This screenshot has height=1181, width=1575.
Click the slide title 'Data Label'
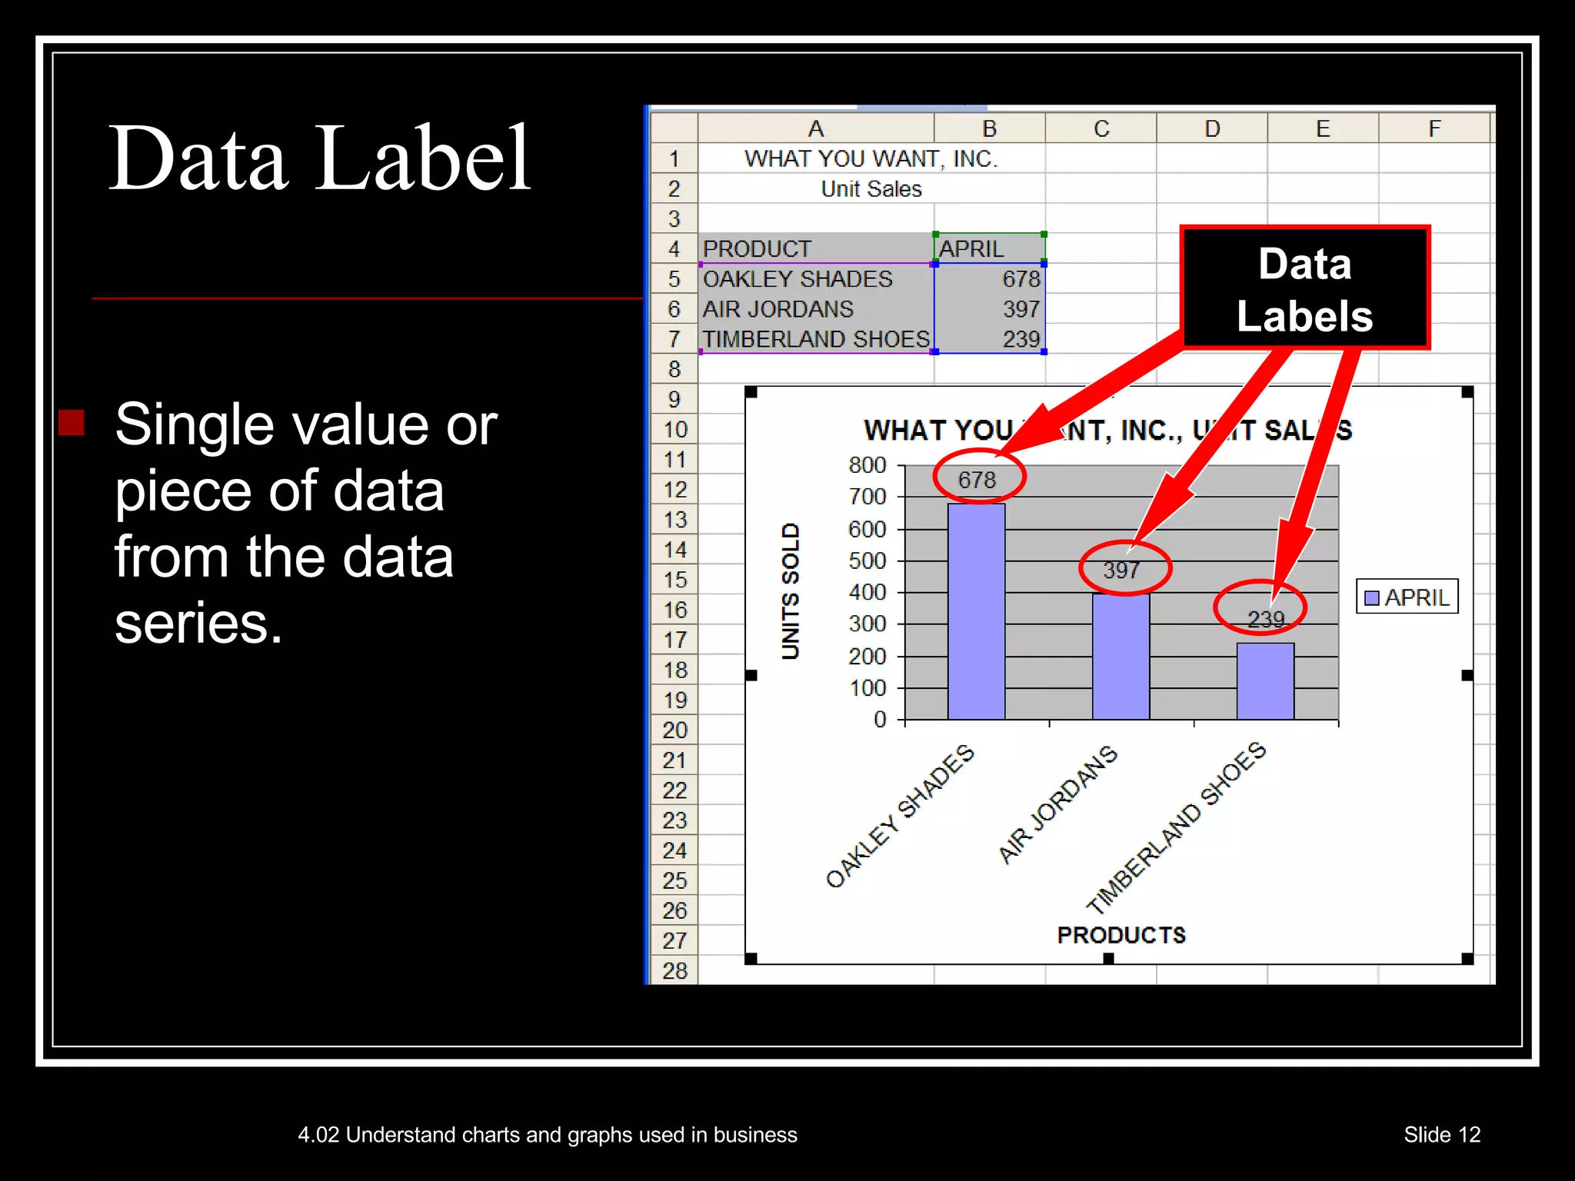[319, 158]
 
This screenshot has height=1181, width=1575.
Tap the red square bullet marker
[72, 422]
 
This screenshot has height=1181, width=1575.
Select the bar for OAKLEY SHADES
[976, 611]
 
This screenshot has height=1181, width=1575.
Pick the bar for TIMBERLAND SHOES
[1265, 681]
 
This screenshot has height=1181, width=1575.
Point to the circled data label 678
[977, 480]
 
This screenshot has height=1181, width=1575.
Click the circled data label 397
[1122, 570]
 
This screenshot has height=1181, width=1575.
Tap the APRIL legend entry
[1407, 597]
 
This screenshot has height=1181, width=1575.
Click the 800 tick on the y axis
[867, 465]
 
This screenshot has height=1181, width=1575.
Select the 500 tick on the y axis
[867, 561]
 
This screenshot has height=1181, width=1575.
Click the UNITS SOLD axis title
[791, 591]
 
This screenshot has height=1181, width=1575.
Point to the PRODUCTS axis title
[1120, 935]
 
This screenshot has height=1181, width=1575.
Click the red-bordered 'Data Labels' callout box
[1304, 289]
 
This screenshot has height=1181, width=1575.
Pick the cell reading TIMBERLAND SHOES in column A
[815, 339]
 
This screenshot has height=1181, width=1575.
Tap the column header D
[1212, 128]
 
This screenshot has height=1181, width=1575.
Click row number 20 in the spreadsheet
[674, 730]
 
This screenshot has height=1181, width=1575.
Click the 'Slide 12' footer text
[1442, 1135]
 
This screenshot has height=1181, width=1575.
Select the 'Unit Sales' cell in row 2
[871, 189]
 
